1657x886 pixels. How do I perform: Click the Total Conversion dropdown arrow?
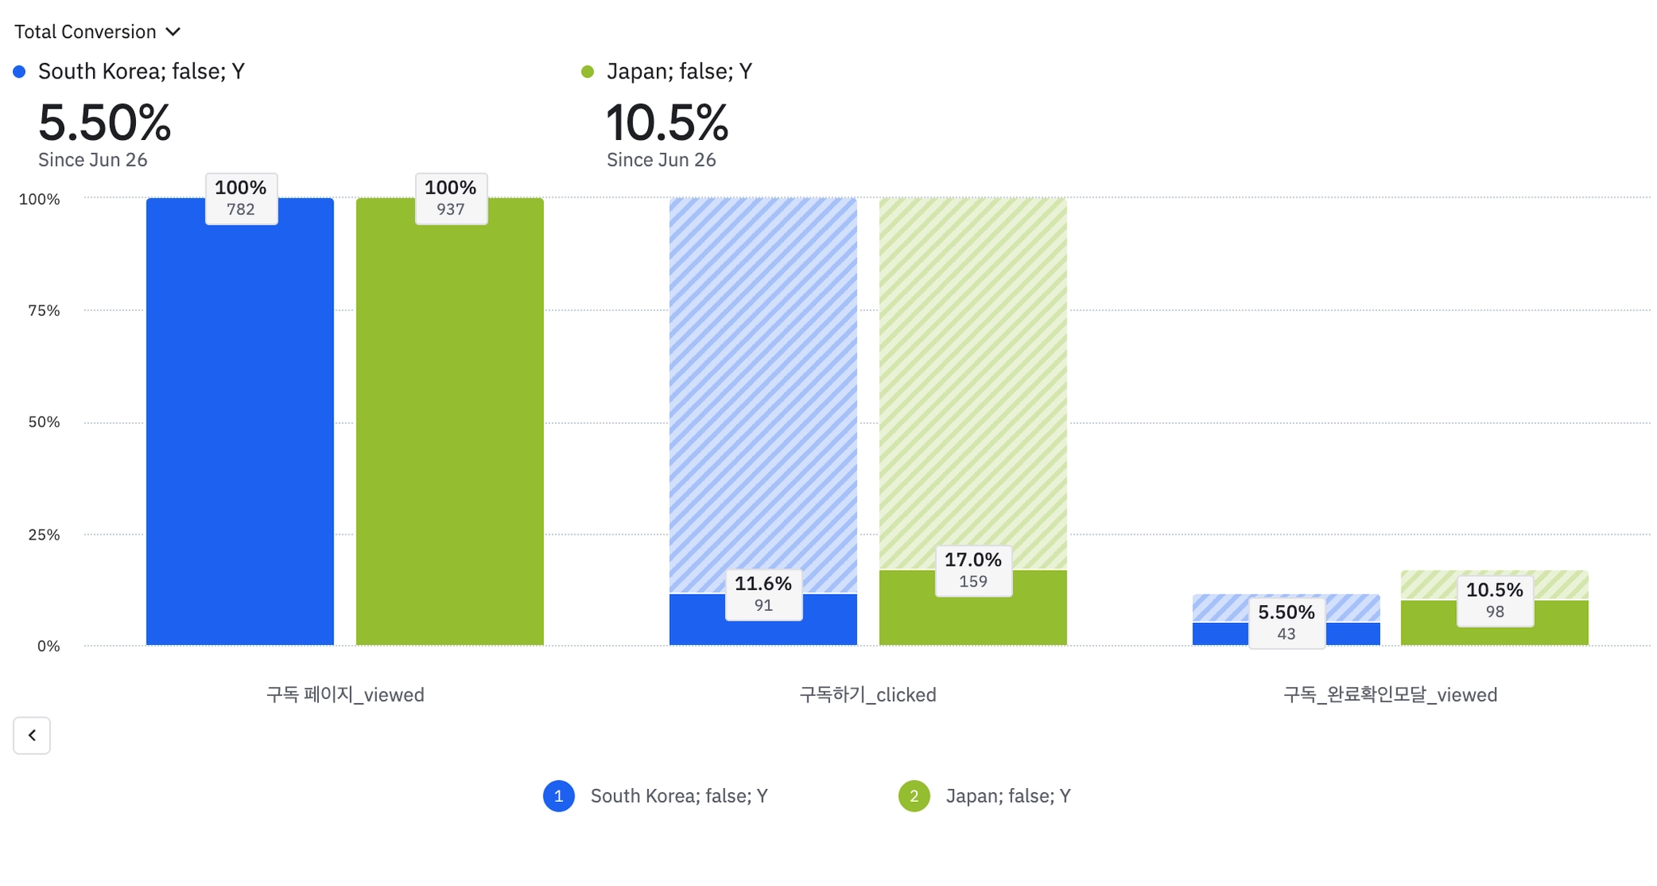pyautogui.click(x=172, y=32)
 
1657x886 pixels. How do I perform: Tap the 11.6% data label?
pyautogui.click(x=763, y=593)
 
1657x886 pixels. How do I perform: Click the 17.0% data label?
pyautogui.click(x=973, y=570)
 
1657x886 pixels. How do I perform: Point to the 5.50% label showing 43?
pyautogui.click(x=1286, y=622)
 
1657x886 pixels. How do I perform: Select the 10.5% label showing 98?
pyautogui.click(x=1494, y=600)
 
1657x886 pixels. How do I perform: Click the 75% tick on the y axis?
pyautogui.click(x=44, y=311)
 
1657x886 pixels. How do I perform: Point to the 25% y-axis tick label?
pyautogui.click(x=44, y=535)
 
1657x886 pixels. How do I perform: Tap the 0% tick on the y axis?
pyautogui.click(x=49, y=646)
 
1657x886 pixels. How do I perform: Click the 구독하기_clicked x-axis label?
pyautogui.click(x=867, y=694)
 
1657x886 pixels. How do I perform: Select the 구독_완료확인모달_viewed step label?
pyautogui.click(x=1390, y=694)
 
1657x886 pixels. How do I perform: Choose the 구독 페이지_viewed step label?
pyautogui.click(x=345, y=694)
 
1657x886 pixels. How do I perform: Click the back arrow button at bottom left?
pyautogui.click(x=32, y=735)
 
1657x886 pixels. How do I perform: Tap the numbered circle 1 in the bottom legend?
pyautogui.click(x=558, y=795)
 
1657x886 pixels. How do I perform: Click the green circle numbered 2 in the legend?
pyautogui.click(x=913, y=795)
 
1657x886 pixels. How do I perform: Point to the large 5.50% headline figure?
pyautogui.click(x=104, y=123)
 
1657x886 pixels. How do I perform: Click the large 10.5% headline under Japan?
pyautogui.click(x=667, y=123)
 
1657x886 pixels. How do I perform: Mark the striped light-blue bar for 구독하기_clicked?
pyautogui.click(x=763, y=388)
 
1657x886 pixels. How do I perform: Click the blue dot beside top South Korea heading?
pyautogui.click(x=19, y=72)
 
